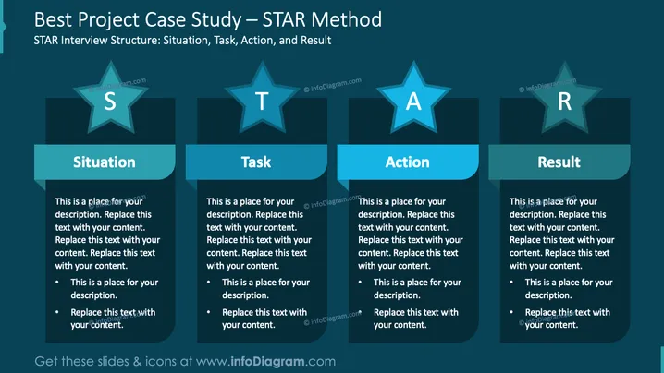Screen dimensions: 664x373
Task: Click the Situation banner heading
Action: pos(105,162)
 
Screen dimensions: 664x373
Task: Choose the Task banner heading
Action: pos(256,162)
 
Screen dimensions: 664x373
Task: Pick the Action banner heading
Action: pos(408,162)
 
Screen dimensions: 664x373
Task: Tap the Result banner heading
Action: pos(559,162)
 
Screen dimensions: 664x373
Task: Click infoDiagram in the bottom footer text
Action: pos(267,361)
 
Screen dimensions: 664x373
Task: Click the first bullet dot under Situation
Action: pos(57,283)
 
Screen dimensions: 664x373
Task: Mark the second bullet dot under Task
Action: pos(208,312)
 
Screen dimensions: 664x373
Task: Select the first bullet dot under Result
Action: pos(511,283)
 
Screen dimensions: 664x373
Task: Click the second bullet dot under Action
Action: pos(360,312)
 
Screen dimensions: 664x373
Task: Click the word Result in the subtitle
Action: pos(316,41)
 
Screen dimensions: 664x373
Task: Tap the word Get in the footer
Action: pos(46,362)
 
